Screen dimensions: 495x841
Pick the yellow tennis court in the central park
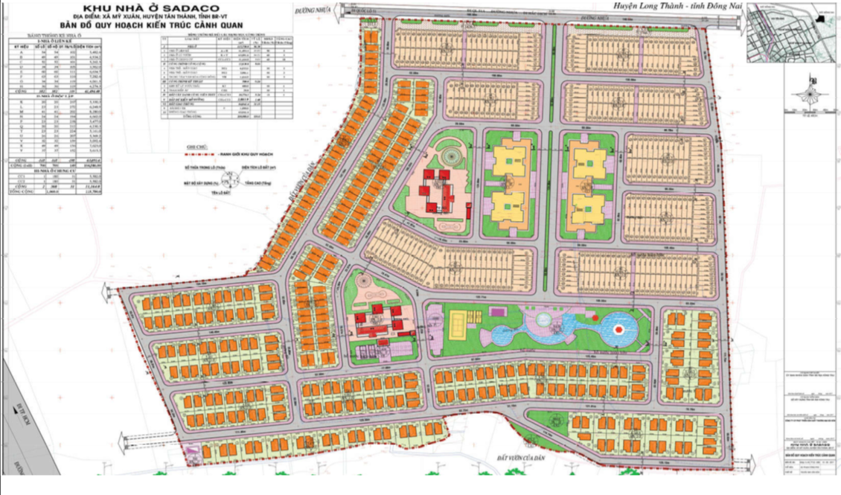click(x=456, y=323)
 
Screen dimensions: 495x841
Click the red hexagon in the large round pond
click(x=618, y=328)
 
